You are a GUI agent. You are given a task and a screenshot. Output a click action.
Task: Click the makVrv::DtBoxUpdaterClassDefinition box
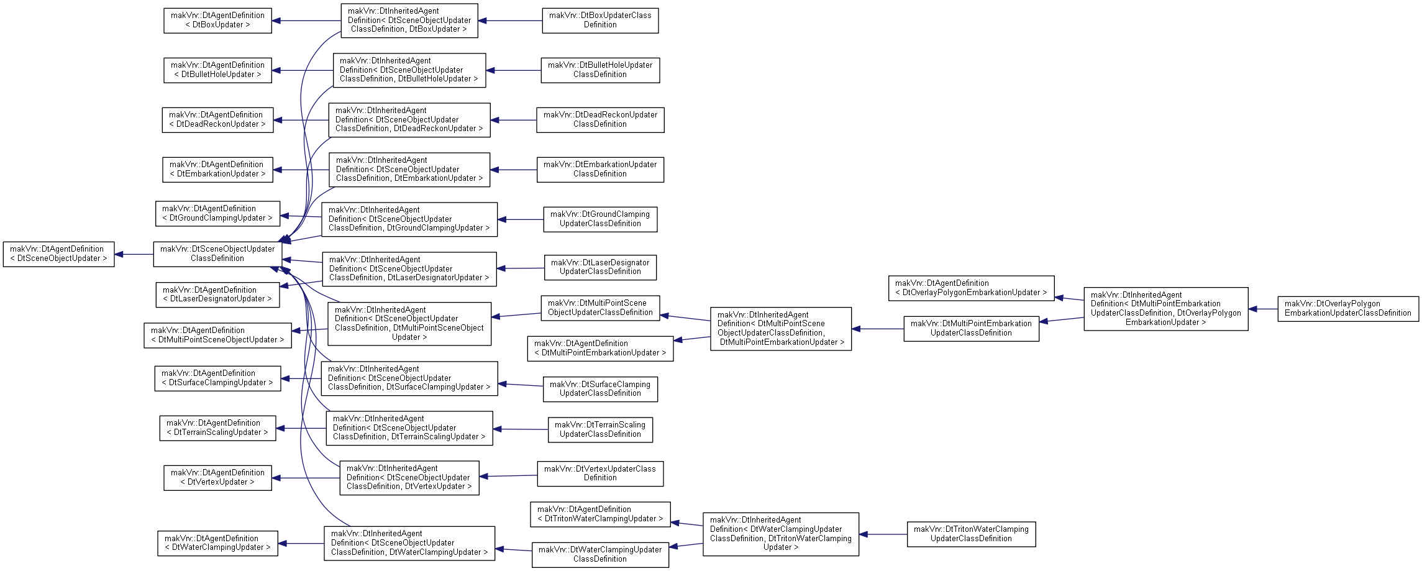[x=600, y=21]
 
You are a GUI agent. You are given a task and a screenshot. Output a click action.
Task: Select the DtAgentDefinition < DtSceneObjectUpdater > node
[x=59, y=254]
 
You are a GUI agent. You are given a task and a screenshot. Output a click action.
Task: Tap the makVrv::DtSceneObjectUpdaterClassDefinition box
[x=217, y=254]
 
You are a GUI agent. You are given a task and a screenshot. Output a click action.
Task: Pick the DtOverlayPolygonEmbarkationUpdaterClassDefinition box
[x=1348, y=309]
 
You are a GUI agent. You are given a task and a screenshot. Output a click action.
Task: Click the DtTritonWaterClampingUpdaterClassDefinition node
[x=971, y=534]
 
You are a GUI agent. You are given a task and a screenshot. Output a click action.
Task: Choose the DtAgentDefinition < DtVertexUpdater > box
[x=217, y=478]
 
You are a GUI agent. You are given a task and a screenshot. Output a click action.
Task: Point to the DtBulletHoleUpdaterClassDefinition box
[x=600, y=70]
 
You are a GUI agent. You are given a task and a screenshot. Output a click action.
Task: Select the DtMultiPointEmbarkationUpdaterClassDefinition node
[x=971, y=329]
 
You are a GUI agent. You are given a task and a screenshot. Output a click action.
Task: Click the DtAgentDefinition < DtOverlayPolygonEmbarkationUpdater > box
[x=971, y=288]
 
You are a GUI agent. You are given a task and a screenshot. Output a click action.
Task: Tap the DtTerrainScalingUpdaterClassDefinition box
[x=600, y=430]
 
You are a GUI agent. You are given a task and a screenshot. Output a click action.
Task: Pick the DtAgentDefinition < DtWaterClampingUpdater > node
[x=217, y=544]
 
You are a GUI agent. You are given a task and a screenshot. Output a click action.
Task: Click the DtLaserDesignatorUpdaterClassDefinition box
[x=600, y=268]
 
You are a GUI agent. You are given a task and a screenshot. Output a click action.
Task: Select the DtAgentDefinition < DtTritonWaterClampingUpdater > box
[x=600, y=514]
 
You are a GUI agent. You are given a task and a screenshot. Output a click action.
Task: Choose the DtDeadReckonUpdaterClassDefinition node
[x=600, y=120]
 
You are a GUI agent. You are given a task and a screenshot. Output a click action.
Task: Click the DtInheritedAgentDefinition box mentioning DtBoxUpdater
[x=409, y=21]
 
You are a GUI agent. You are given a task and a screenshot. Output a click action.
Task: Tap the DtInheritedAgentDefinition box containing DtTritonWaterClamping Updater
[x=781, y=534]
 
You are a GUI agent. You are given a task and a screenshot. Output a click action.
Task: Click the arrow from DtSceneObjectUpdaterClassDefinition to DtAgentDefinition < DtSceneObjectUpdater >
[x=134, y=254]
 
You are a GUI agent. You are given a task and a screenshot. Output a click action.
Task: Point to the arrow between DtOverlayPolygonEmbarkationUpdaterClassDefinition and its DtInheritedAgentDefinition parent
[x=1263, y=309]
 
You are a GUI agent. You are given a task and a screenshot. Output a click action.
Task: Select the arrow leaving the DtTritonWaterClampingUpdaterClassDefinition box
[x=883, y=534]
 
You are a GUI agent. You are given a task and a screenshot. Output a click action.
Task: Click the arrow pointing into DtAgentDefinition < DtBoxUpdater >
[x=306, y=21]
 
